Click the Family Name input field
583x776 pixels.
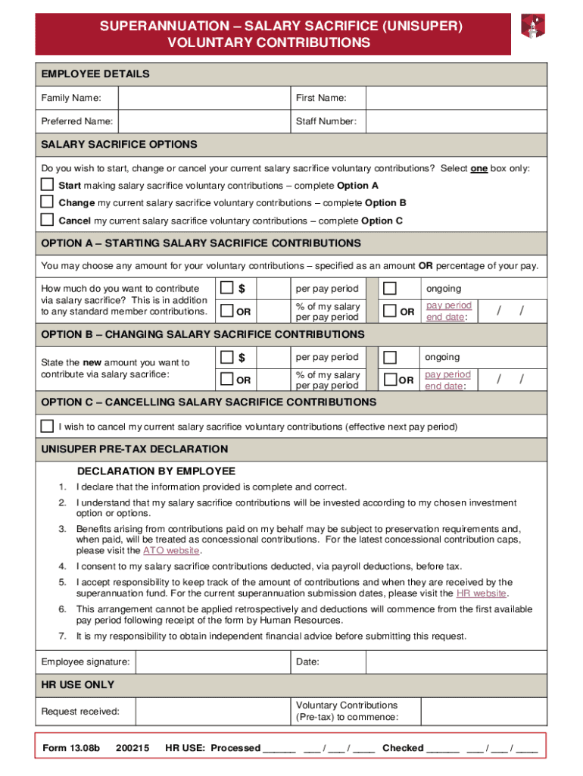(204, 99)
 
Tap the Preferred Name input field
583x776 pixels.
(204, 121)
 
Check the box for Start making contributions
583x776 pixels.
(47, 185)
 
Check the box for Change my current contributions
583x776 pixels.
(47, 202)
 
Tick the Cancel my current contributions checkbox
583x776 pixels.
(47, 221)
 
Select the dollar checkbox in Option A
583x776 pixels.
(226, 288)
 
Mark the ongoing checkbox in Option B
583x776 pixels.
(390, 357)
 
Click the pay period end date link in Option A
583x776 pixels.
(448, 311)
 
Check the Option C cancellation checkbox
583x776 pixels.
(47, 426)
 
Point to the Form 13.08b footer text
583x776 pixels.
(71, 748)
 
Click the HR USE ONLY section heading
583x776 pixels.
(78, 685)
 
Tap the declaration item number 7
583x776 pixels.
(62, 636)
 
